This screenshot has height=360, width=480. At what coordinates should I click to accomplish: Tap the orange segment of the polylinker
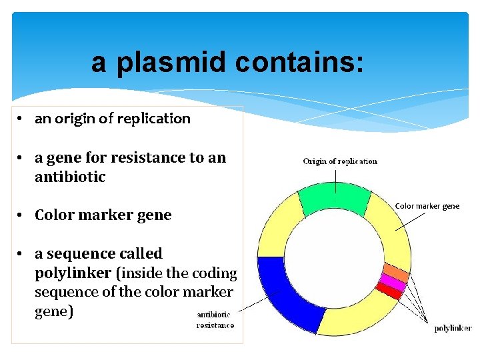[x=395, y=273]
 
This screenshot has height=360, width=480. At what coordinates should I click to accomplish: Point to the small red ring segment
[x=389, y=291]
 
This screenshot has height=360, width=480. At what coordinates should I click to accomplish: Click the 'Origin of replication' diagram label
[x=340, y=161]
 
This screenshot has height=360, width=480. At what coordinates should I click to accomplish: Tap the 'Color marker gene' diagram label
[x=427, y=206]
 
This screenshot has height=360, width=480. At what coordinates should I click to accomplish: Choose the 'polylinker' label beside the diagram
[x=453, y=328]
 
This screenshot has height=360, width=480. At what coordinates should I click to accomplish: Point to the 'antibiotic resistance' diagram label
[x=215, y=320]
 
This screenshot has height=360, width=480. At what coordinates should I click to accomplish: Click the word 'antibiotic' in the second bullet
[x=70, y=177]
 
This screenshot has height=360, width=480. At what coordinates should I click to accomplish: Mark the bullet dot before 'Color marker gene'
[x=22, y=215]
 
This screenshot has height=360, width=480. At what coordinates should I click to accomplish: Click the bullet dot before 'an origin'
[x=22, y=119]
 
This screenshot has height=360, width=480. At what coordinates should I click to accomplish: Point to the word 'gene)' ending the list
[x=53, y=311]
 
